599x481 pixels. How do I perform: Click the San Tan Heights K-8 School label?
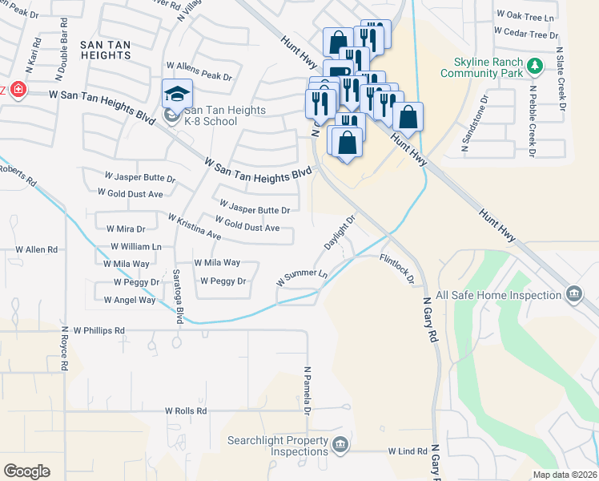211,116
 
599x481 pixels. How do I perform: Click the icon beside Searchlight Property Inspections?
340,444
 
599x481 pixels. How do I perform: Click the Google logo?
26,471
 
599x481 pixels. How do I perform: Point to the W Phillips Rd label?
98,329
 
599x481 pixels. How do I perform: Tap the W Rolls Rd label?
186,410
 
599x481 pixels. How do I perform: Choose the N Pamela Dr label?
307,392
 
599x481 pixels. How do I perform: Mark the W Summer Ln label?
302,277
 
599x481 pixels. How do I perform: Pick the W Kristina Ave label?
194,227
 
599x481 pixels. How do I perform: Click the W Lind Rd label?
408,452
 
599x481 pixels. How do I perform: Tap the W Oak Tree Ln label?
525,15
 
